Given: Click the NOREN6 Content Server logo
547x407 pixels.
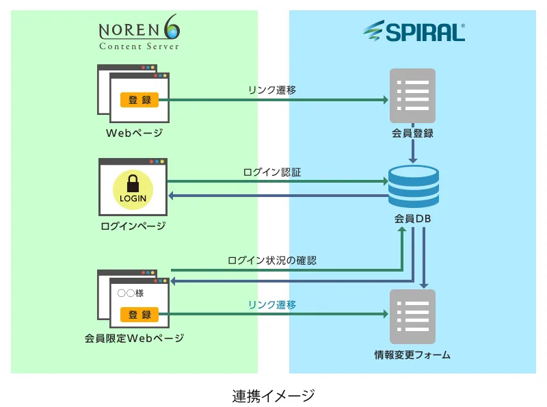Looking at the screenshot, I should pos(139,35).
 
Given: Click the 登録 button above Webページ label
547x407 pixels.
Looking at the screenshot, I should pos(139,100).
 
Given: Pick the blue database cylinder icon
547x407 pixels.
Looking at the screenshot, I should pos(414,186).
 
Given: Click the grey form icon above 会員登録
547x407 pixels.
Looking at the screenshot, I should pos(412,95).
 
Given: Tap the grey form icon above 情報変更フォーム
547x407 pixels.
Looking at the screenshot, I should pos(412,316).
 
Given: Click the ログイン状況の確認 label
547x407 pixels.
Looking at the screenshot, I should pos(272,261).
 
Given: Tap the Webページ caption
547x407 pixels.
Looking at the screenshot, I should pos(134,133).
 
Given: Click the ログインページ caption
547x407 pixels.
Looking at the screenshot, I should pos(133,226).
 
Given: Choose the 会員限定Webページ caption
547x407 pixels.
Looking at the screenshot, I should pos(135,338).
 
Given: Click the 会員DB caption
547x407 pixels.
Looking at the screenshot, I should pos(412,220).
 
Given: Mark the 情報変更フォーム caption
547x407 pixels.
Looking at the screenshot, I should pos(412,355).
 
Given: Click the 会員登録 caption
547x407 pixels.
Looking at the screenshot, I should pos(412,133).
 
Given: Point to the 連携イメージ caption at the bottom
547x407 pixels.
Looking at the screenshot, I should pos(273,395).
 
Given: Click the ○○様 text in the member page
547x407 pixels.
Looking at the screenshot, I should pos(130,293).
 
